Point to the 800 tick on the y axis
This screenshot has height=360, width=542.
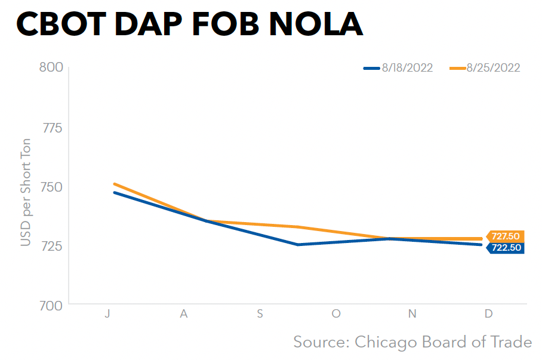(51, 67)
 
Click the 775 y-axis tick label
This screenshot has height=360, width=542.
(51, 127)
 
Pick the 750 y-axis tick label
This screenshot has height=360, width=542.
(51, 186)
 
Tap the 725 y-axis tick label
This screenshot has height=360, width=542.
(51, 245)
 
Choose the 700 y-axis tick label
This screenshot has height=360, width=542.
(51, 305)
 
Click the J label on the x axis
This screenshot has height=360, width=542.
(107, 314)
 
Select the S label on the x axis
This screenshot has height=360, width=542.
(260, 314)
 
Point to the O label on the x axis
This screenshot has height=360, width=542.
(336, 314)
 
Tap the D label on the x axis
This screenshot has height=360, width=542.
(488, 314)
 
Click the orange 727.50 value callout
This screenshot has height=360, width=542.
(505, 236)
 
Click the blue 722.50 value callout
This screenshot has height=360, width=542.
(505, 248)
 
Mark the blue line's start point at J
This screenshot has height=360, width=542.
(114, 192)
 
